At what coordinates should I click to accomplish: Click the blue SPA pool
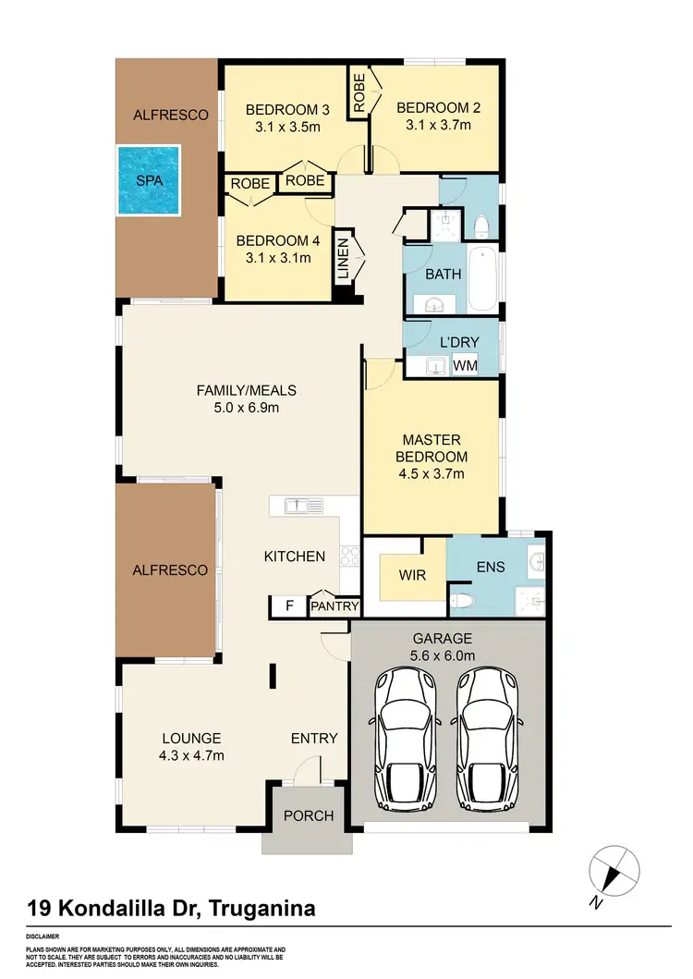[150, 180]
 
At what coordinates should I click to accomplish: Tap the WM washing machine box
[466, 365]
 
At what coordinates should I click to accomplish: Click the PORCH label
[308, 816]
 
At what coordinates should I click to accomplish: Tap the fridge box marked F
[289, 606]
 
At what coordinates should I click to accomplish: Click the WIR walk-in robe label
[412, 574]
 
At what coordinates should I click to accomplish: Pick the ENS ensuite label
[492, 567]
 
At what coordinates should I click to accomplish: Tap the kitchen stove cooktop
[350, 555]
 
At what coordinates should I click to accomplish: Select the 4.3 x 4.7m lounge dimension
[192, 755]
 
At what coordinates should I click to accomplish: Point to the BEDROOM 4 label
[274, 241]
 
